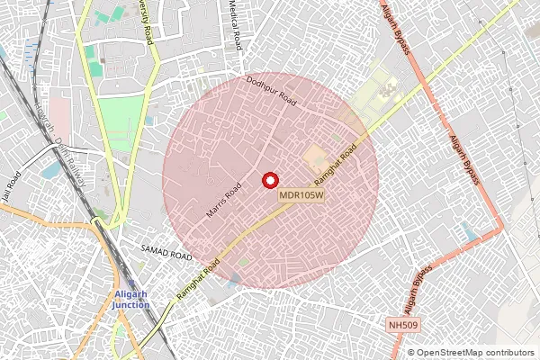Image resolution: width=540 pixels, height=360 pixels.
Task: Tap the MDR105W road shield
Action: tap(302, 193)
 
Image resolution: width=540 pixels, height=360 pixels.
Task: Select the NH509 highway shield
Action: tap(404, 323)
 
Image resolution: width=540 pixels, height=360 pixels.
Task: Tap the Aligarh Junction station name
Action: tap(131, 300)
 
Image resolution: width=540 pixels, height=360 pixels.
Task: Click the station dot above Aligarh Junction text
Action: tap(131, 284)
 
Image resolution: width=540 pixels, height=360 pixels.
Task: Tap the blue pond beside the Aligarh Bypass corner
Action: tap(468, 232)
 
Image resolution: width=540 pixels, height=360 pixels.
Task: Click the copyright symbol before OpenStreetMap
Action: tap(411, 353)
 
